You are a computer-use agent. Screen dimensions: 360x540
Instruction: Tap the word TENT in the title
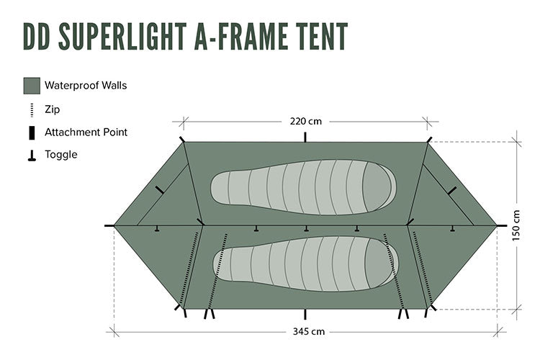pos(318,36)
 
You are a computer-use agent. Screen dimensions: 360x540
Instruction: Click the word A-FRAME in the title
pos(237,36)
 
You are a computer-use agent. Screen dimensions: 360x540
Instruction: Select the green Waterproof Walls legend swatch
pos(32,86)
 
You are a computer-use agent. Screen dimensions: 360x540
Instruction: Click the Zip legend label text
pos(52,109)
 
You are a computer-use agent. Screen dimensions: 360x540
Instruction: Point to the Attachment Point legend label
pos(86,132)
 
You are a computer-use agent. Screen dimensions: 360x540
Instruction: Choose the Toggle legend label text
pos(60,154)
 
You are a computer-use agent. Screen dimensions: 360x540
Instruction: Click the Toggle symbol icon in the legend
pos(32,155)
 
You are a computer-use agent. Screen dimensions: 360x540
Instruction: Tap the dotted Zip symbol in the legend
pos(32,109)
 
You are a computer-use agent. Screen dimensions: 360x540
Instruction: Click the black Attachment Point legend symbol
pos(32,132)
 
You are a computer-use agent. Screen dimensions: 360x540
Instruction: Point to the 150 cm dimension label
pos(516,225)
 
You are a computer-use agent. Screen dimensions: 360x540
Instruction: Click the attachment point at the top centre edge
pos(305,137)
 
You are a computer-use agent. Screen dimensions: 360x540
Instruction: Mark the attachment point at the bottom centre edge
pos(305,315)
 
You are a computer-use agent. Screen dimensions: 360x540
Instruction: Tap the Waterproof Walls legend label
pos(86,86)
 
